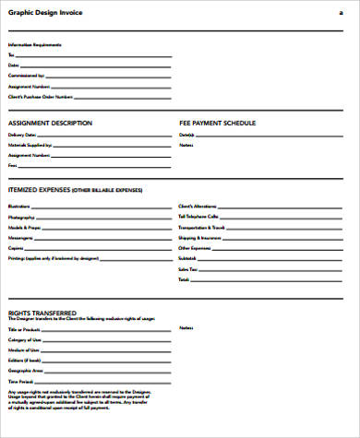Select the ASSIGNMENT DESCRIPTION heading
coord(49,123)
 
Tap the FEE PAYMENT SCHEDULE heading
coord(217,123)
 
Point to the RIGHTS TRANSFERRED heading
coord(42,313)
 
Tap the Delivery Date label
coord(21,135)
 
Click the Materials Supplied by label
coord(30,145)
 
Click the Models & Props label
coord(24,228)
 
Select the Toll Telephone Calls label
coord(198,218)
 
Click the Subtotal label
coord(187,258)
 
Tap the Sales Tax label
coord(187,268)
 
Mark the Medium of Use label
coord(22,349)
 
